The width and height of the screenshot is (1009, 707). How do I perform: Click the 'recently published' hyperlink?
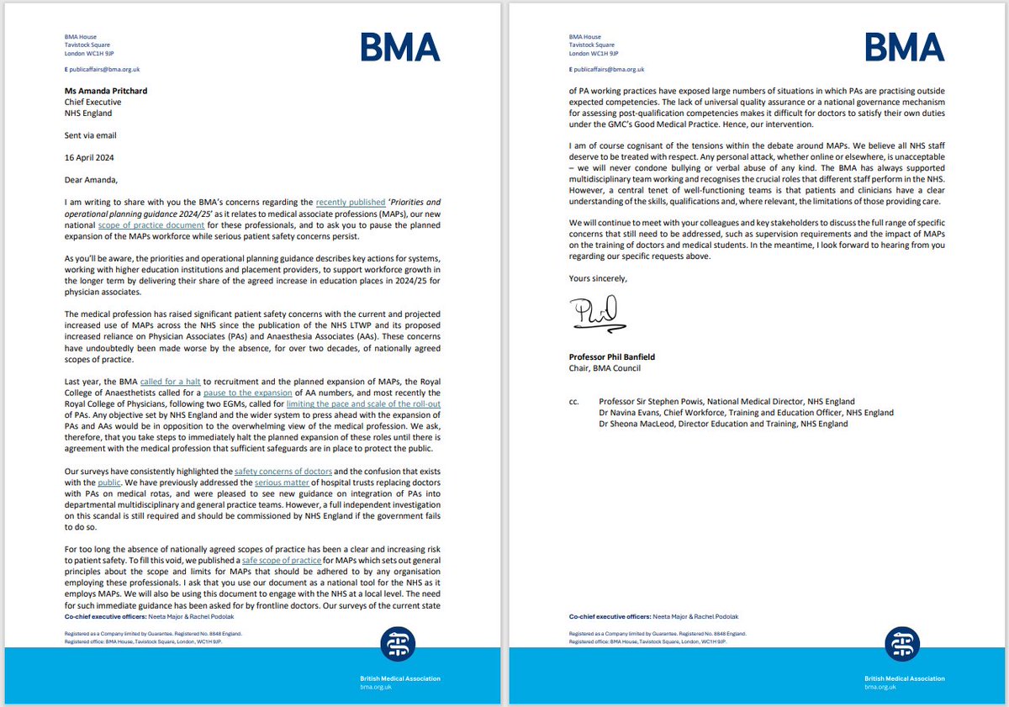coord(347,203)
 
